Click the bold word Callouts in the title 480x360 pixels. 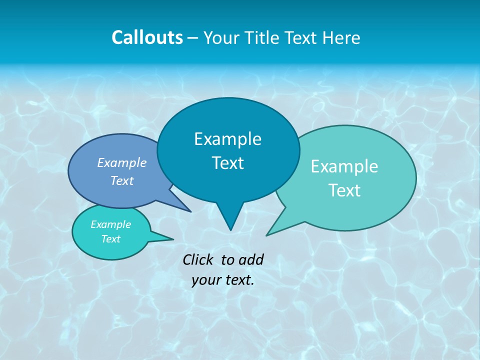(147, 37)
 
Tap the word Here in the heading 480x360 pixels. (342, 37)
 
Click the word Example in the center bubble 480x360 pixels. (227, 139)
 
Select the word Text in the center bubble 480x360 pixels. (227, 163)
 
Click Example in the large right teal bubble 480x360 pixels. (344, 166)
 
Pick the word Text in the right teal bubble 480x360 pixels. (344, 190)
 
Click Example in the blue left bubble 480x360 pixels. (121, 162)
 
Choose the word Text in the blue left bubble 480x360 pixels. (122, 180)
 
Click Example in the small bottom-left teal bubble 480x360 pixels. (110, 224)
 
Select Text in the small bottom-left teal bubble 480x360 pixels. (110, 239)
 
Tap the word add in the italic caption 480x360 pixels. (250, 259)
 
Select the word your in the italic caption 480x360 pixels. (206, 280)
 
